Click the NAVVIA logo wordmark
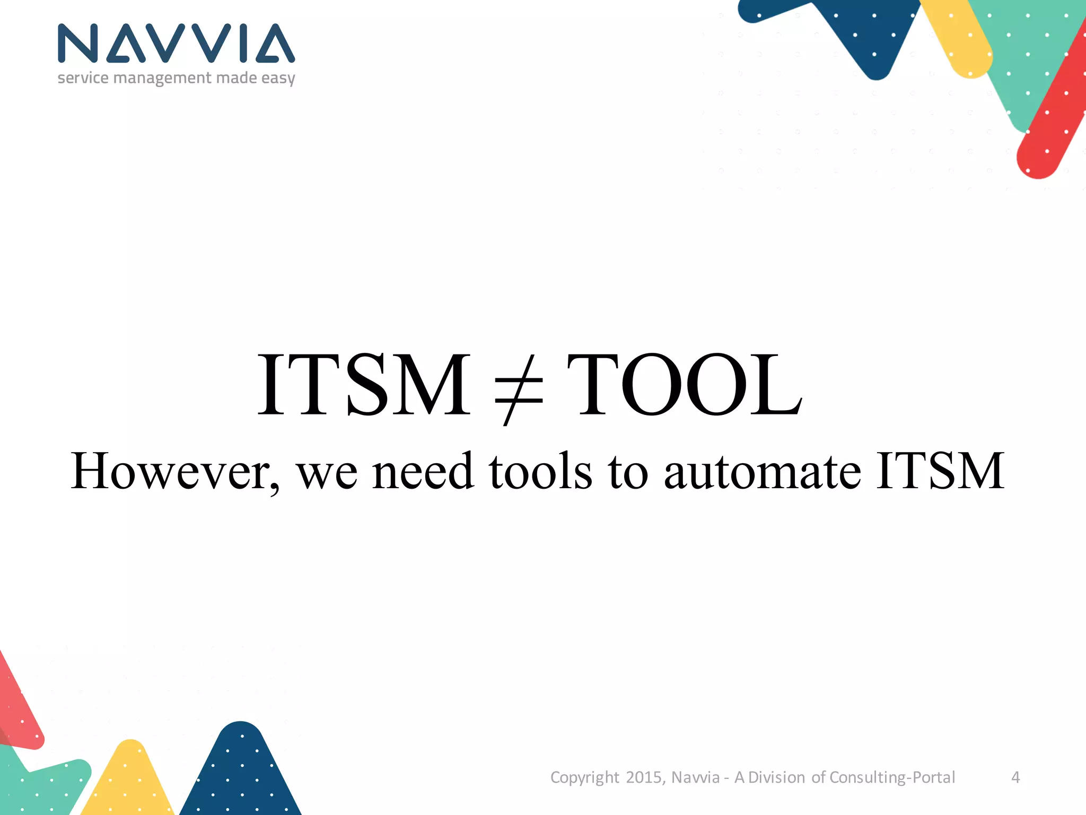point(176,43)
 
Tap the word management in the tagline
point(162,78)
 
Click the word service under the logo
point(83,78)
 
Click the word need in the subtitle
point(423,471)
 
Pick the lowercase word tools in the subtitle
point(540,471)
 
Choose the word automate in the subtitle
point(762,471)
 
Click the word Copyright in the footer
point(584,778)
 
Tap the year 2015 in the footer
point(644,777)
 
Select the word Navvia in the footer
point(695,777)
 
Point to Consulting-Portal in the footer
point(892,777)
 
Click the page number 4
point(1015,777)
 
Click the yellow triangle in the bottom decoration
point(129,780)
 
